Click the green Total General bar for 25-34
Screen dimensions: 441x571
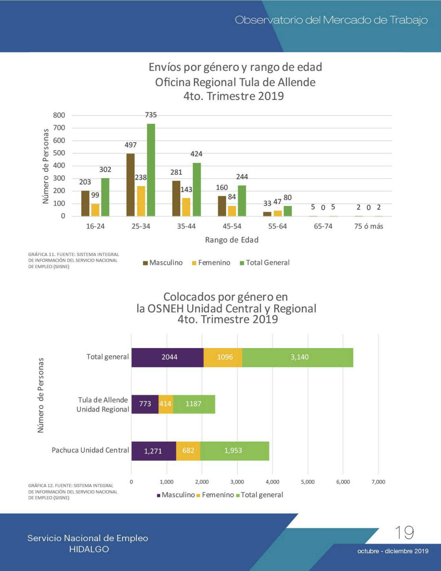[x=151, y=170]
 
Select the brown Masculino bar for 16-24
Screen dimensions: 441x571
[x=85, y=203]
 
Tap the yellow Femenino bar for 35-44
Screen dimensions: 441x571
[x=186, y=207]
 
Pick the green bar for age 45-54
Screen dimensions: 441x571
[x=242, y=201]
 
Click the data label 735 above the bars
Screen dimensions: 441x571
[x=151, y=115]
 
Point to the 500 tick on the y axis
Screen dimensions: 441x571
[x=59, y=153]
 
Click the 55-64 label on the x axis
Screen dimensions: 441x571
[x=277, y=226]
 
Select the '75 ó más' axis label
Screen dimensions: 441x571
[x=369, y=226]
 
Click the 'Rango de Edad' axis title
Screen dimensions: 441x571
[x=232, y=240]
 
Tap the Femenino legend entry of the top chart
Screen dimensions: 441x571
[x=211, y=263]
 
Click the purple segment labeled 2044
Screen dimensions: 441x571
[x=168, y=358]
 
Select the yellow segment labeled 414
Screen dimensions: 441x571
[x=166, y=404]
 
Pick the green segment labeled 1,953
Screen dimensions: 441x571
[x=235, y=451]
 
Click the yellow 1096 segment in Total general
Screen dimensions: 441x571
[x=223, y=358]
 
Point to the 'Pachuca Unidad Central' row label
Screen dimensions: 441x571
[x=90, y=450]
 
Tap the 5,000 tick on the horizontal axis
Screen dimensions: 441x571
[x=308, y=482]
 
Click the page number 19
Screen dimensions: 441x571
[x=404, y=533]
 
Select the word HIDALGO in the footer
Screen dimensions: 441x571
[x=89, y=549]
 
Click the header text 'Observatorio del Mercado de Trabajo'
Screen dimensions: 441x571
[x=331, y=20]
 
